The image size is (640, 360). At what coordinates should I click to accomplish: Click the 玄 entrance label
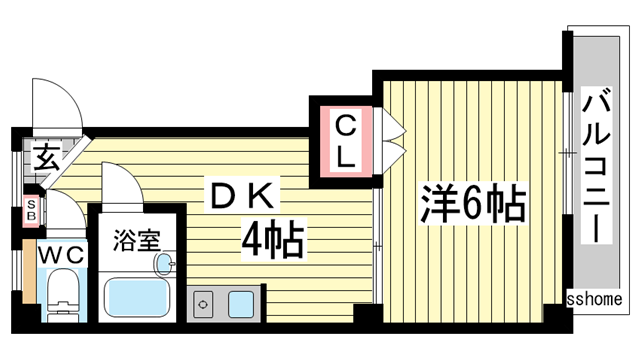pos(46,157)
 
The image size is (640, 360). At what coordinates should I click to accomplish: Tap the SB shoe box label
pos(31,209)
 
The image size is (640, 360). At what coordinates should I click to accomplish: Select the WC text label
pos(62,256)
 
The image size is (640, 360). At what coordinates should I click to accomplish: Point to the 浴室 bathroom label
pos(137,240)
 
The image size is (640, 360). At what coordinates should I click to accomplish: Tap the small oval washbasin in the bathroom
pos(164,264)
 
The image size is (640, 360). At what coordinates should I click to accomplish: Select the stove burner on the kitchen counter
pos(202,304)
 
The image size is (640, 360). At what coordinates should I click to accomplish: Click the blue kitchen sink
pos(241,304)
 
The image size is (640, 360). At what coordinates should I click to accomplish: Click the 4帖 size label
pos(273,240)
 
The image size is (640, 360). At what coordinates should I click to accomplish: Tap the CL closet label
pos(346,142)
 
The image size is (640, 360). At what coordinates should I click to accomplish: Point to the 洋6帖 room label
pos(473,204)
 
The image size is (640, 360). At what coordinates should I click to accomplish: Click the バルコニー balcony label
pos(597,164)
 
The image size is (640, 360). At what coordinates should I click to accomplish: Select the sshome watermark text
pos(595,299)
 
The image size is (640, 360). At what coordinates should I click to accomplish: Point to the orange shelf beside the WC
pos(29,271)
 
